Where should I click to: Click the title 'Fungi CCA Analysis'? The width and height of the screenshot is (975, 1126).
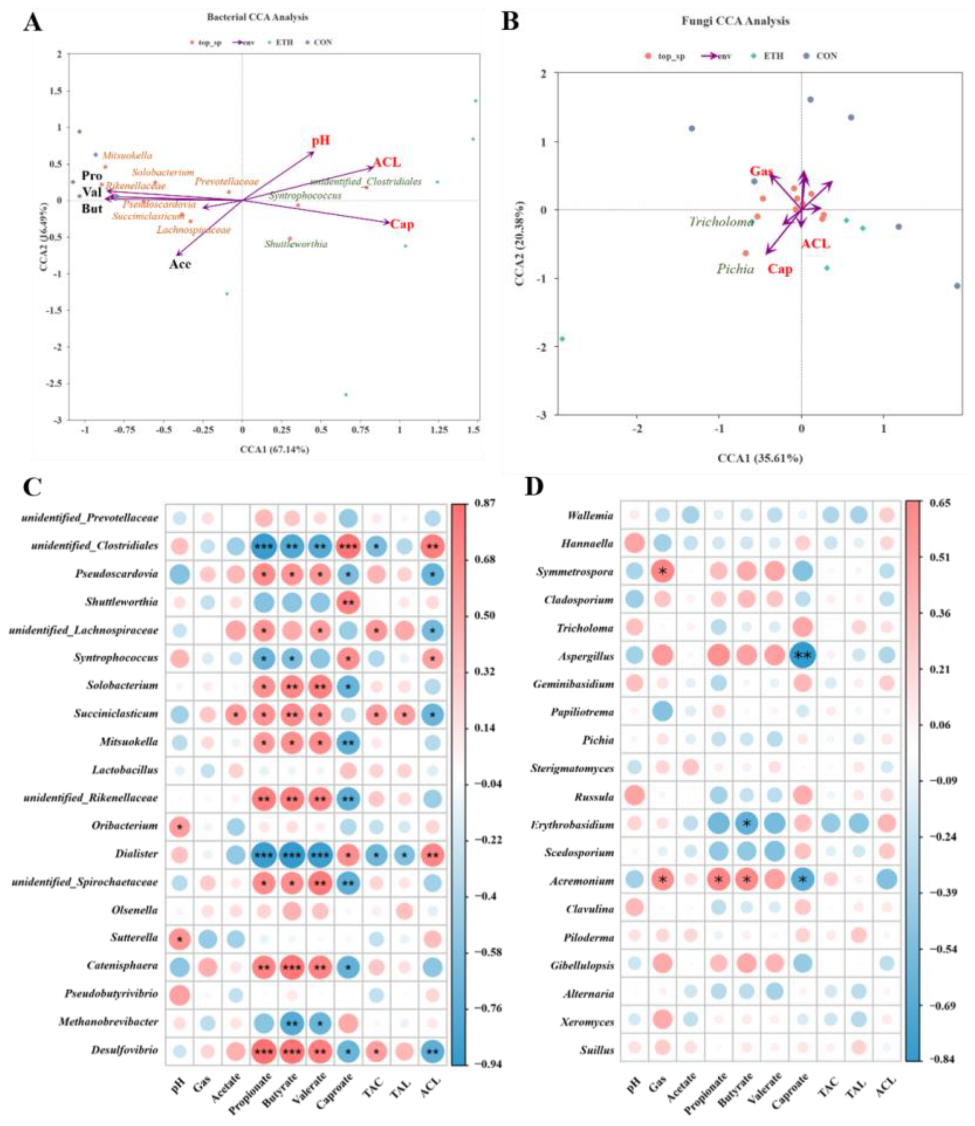(x=736, y=21)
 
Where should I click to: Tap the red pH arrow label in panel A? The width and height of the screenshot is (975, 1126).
(x=320, y=141)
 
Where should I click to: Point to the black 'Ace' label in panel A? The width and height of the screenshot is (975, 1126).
(x=180, y=264)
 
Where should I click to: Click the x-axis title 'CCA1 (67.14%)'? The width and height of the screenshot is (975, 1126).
(x=275, y=450)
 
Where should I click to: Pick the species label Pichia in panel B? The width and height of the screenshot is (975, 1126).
(x=735, y=269)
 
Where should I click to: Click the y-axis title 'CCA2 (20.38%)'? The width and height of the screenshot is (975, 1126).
(x=520, y=243)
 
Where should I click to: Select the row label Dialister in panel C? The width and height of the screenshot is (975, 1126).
(x=136, y=854)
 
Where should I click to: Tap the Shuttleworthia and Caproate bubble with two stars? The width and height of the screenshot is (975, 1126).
(x=348, y=602)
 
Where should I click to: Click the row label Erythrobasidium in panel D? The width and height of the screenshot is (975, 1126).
(x=572, y=825)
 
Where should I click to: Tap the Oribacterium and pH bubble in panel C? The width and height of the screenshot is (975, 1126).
(x=180, y=826)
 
